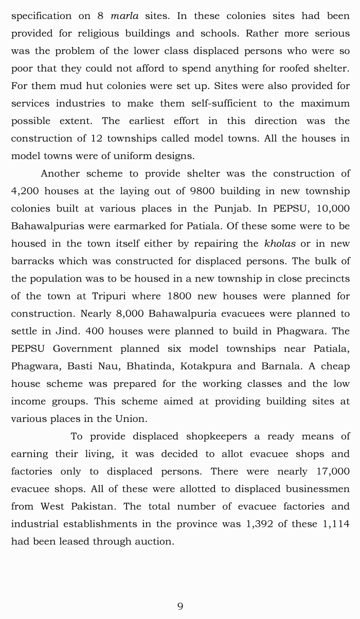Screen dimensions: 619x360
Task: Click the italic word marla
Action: (x=124, y=15)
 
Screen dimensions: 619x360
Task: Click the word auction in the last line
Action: (x=154, y=541)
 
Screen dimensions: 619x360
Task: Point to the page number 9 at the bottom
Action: (x=180, y=606)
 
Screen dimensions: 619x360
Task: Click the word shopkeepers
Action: (x=212, y=436)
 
